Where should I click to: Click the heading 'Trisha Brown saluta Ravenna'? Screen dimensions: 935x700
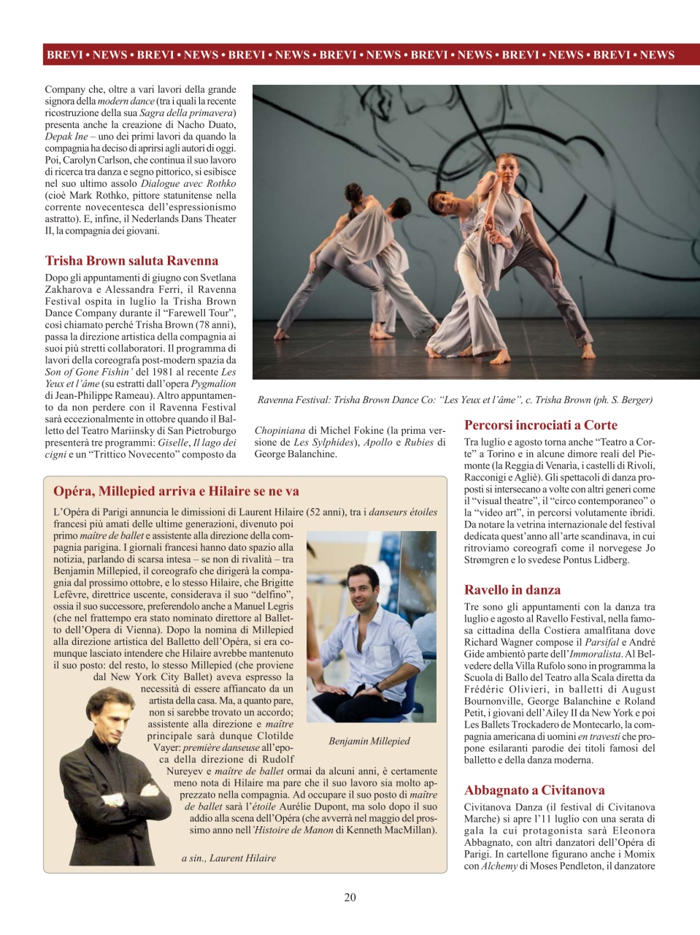pos(131,261)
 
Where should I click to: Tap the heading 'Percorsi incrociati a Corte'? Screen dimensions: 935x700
pos(540,425)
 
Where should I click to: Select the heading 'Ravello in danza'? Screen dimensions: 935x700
pos(512,590)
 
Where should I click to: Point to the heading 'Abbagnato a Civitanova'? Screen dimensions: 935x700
pos(534,790)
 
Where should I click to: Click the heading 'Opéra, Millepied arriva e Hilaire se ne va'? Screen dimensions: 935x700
pos(176,491)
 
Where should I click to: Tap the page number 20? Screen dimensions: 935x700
pos(350,897)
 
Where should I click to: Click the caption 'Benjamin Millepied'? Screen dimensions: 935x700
pos(369,741)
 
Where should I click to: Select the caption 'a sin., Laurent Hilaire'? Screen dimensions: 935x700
pos(228,858)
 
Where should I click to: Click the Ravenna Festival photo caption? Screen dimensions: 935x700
pos(455,400)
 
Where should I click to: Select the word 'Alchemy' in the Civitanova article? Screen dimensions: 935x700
pos(499,866)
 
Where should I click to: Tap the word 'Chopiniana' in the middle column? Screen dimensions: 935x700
pos(280,430)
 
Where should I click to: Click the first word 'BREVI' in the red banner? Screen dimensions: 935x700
pos(64,55)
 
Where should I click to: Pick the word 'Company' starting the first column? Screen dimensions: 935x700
pos(65,89)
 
